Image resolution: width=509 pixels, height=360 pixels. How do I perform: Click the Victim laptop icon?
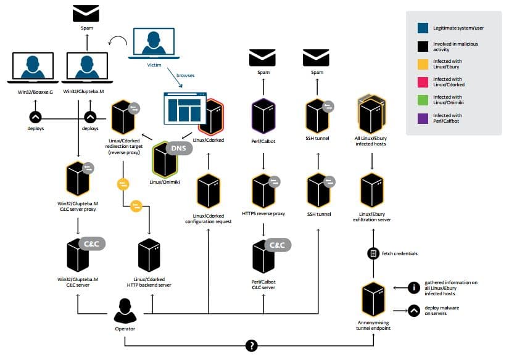[154, 44]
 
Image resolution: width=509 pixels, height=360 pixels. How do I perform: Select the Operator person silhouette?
[125, 311]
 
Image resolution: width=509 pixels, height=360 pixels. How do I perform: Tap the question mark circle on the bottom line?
[252, 346]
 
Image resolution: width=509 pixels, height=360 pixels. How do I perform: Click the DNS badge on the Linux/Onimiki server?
[179, 148]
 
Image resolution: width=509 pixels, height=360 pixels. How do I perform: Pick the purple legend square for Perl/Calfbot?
[423, 118]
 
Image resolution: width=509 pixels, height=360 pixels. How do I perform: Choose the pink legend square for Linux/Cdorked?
[423, 82]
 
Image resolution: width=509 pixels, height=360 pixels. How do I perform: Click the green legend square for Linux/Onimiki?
[423, 100]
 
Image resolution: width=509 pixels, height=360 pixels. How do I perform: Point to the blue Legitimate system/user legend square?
[423, 28]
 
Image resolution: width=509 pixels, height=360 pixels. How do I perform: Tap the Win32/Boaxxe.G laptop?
[33, 68]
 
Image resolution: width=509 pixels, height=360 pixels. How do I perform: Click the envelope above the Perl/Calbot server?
[262, 58]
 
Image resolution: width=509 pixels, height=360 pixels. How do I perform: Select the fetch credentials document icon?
[373, 253]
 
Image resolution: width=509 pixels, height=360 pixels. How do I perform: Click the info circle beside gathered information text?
[414, 287]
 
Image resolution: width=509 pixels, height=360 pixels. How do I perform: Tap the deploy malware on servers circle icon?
[414, 311]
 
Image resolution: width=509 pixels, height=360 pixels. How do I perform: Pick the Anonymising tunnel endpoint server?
[373, 300]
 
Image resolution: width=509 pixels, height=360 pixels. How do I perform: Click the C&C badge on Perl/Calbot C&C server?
[278, 245]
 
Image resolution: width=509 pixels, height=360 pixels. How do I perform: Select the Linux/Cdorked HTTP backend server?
[149, 255]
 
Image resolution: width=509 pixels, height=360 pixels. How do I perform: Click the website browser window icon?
[185, 108]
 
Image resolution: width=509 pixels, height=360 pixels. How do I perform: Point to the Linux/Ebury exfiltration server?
[372, 190]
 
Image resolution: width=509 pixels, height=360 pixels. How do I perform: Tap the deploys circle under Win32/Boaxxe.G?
[35, 117]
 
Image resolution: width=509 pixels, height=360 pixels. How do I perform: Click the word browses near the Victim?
[185, 76]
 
